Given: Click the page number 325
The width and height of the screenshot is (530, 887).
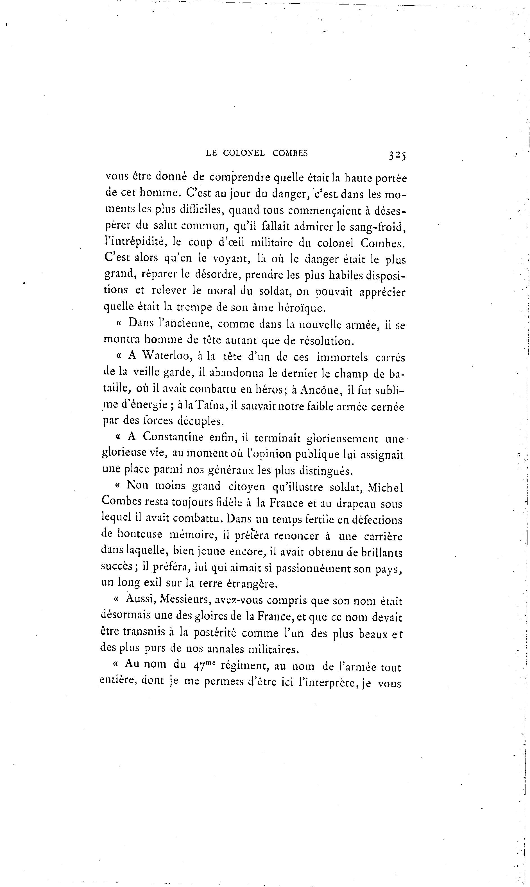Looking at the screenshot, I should pyautogui.click(x=397, y=155).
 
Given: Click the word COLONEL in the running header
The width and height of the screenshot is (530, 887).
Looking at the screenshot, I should pyautogui.click(x=244, y=153).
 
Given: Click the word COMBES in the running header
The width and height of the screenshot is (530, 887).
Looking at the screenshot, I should pyautogui.click(x=290, y=153).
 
